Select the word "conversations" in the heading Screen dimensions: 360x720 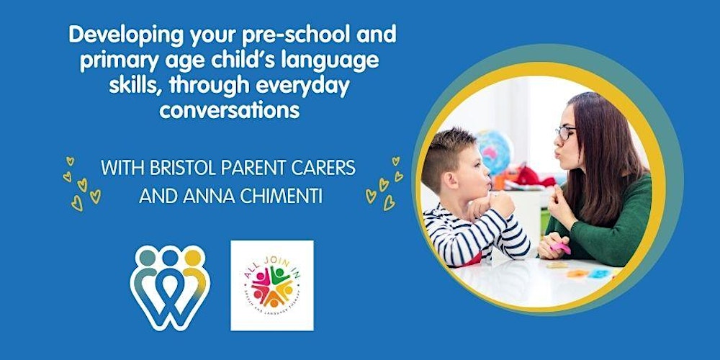(x=229, y=111)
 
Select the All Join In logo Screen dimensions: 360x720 (x=272, y=285)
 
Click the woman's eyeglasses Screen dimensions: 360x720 (x=565, y=133)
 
